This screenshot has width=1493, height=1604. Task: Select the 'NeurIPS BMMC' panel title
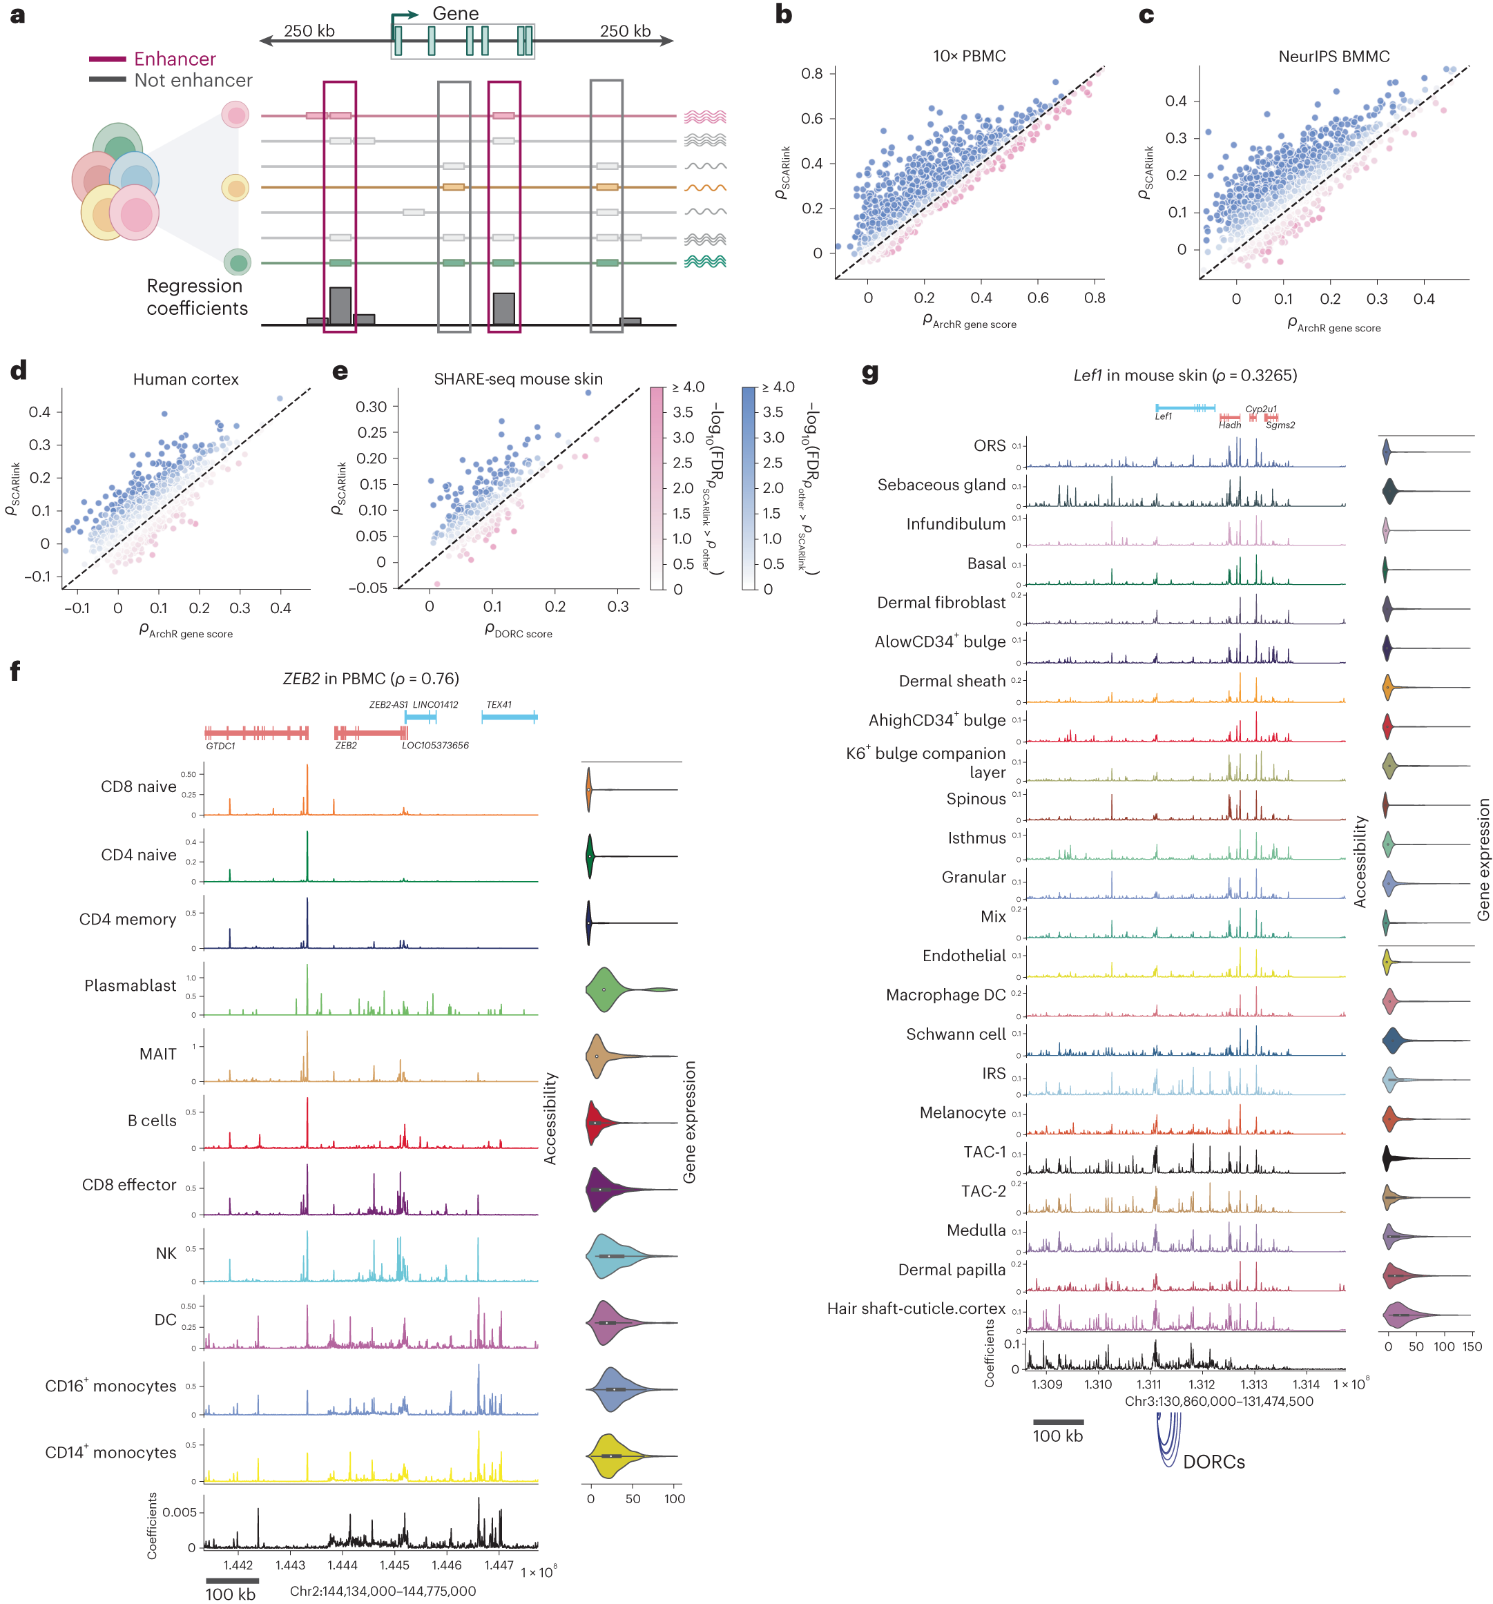pyautogui.click(x=1333, y=57)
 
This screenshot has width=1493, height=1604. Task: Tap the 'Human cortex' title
pyautogui.click(x=186, y=379)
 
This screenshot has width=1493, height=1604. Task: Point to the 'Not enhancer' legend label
pyautogui.click(x=193, y=81)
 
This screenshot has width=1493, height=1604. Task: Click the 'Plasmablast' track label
pyautogui.click(x=130, y=985)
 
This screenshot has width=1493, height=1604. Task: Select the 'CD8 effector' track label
pyautogui.click(x=128, y=1184)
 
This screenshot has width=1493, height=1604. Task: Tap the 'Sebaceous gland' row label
pyautogui.click(x=941, y=485)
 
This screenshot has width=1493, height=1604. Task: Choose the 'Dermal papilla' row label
pyautogui.click(x=952, y=1269)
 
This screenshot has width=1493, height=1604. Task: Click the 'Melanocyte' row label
pyautogui.click(x=962, y=1112)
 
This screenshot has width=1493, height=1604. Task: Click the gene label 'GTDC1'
pyautogui.click(x=220, y=746)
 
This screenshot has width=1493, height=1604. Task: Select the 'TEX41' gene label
pyautogui.click(x=499, y=704)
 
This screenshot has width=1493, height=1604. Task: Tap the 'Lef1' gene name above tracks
pyautogui.click(x=1163, y=416)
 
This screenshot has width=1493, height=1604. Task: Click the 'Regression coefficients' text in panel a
pyautogui.click(x=196, y=297)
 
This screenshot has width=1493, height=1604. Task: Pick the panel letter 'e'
pyautogui.click(x=340, y=371)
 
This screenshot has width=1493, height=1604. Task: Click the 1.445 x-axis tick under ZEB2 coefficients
pyautogui.click(x=394, y=1565)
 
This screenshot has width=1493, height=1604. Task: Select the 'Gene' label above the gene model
pyautogui.click(x=455, y=14)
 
